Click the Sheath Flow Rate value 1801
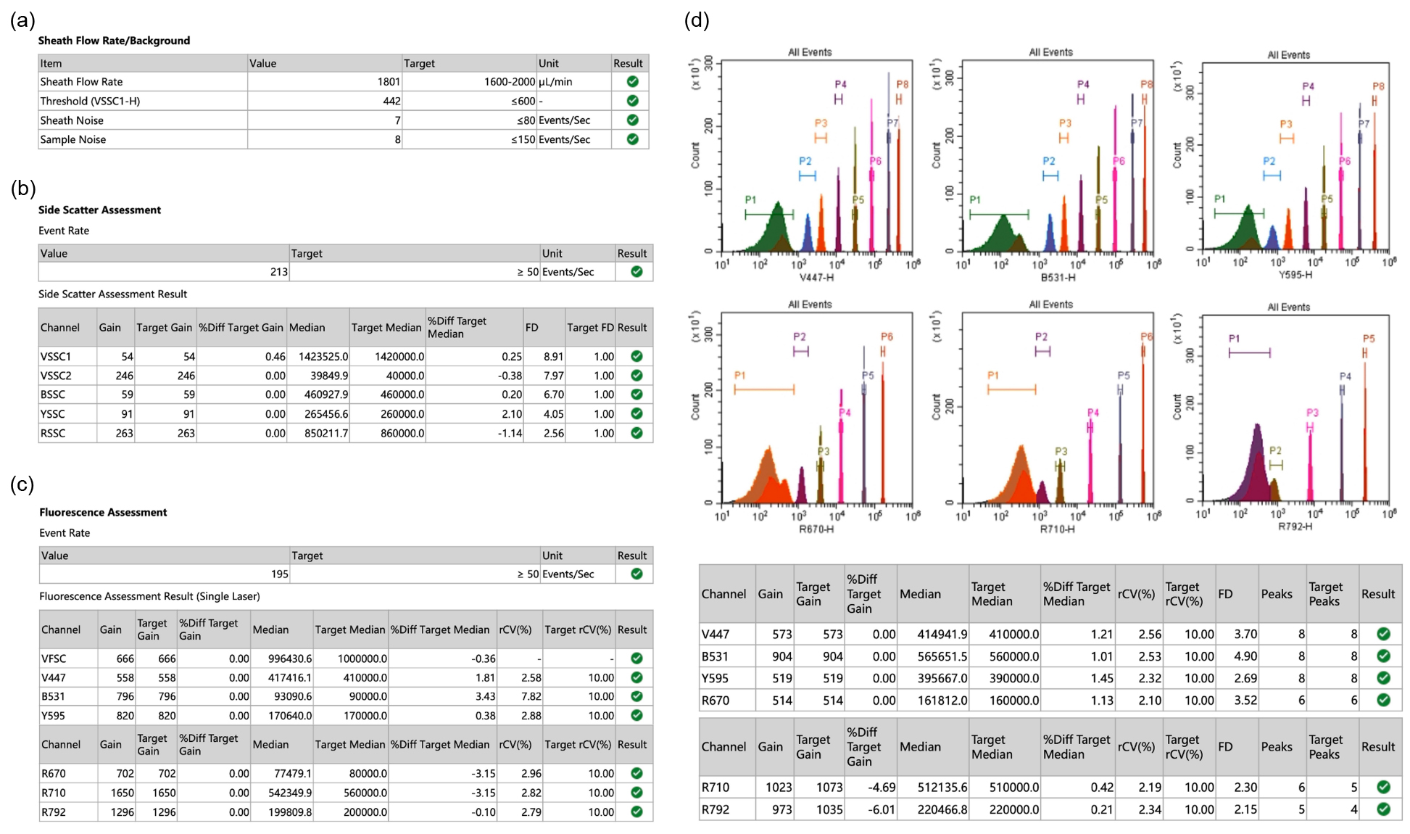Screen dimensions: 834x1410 point(389,82)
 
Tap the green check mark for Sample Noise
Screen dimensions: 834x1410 point(632,139)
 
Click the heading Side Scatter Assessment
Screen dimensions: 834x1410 point(99,210)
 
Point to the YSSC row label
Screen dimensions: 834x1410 point(53,414)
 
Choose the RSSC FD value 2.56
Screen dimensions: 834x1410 point(554,433)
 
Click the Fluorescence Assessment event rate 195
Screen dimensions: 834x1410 point(280,574)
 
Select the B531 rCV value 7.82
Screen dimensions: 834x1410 point(531,696)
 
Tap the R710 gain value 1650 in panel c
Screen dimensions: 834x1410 point(123,793)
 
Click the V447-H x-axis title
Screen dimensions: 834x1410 point(816,277)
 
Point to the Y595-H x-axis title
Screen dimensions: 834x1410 point(1295,275)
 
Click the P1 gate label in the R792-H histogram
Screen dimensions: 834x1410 point(1234,339)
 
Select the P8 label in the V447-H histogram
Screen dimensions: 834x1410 point(902,85)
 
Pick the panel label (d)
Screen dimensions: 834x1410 point(697,20)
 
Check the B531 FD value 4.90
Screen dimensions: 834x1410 point(1245,656)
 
